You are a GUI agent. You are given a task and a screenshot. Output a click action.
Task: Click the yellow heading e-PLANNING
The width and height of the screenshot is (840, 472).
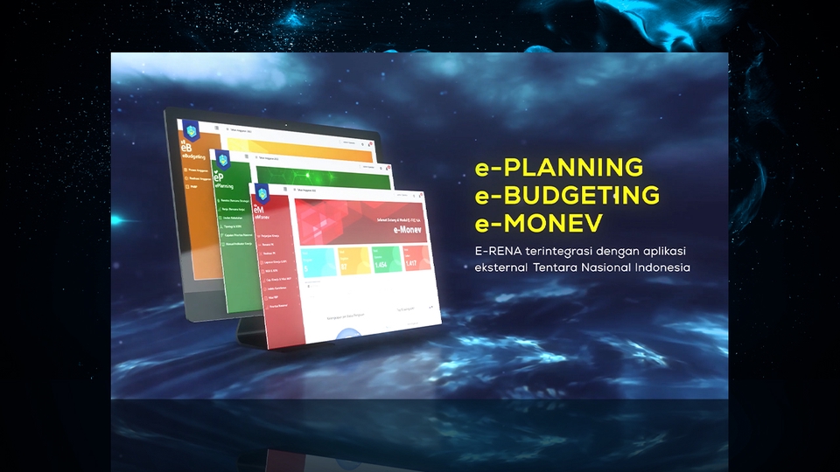click(558, 167)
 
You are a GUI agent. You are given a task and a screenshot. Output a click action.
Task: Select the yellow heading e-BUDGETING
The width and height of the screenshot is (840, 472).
click(567, 195)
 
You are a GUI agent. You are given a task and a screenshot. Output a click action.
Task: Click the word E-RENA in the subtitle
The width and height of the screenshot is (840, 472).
click(494, 252)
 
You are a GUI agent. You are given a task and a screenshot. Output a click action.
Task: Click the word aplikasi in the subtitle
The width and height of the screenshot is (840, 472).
click(657, 252)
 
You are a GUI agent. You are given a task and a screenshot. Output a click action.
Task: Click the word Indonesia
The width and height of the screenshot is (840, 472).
click(666, 267)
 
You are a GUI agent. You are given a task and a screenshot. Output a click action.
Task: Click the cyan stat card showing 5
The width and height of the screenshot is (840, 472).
click(318, 260)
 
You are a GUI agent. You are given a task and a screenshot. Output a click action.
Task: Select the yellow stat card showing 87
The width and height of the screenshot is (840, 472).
click(354, 261)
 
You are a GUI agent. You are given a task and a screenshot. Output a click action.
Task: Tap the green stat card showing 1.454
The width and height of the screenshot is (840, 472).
click(388, 262)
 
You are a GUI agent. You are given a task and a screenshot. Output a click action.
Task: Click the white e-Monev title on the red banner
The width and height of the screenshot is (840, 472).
click(404, 230)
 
